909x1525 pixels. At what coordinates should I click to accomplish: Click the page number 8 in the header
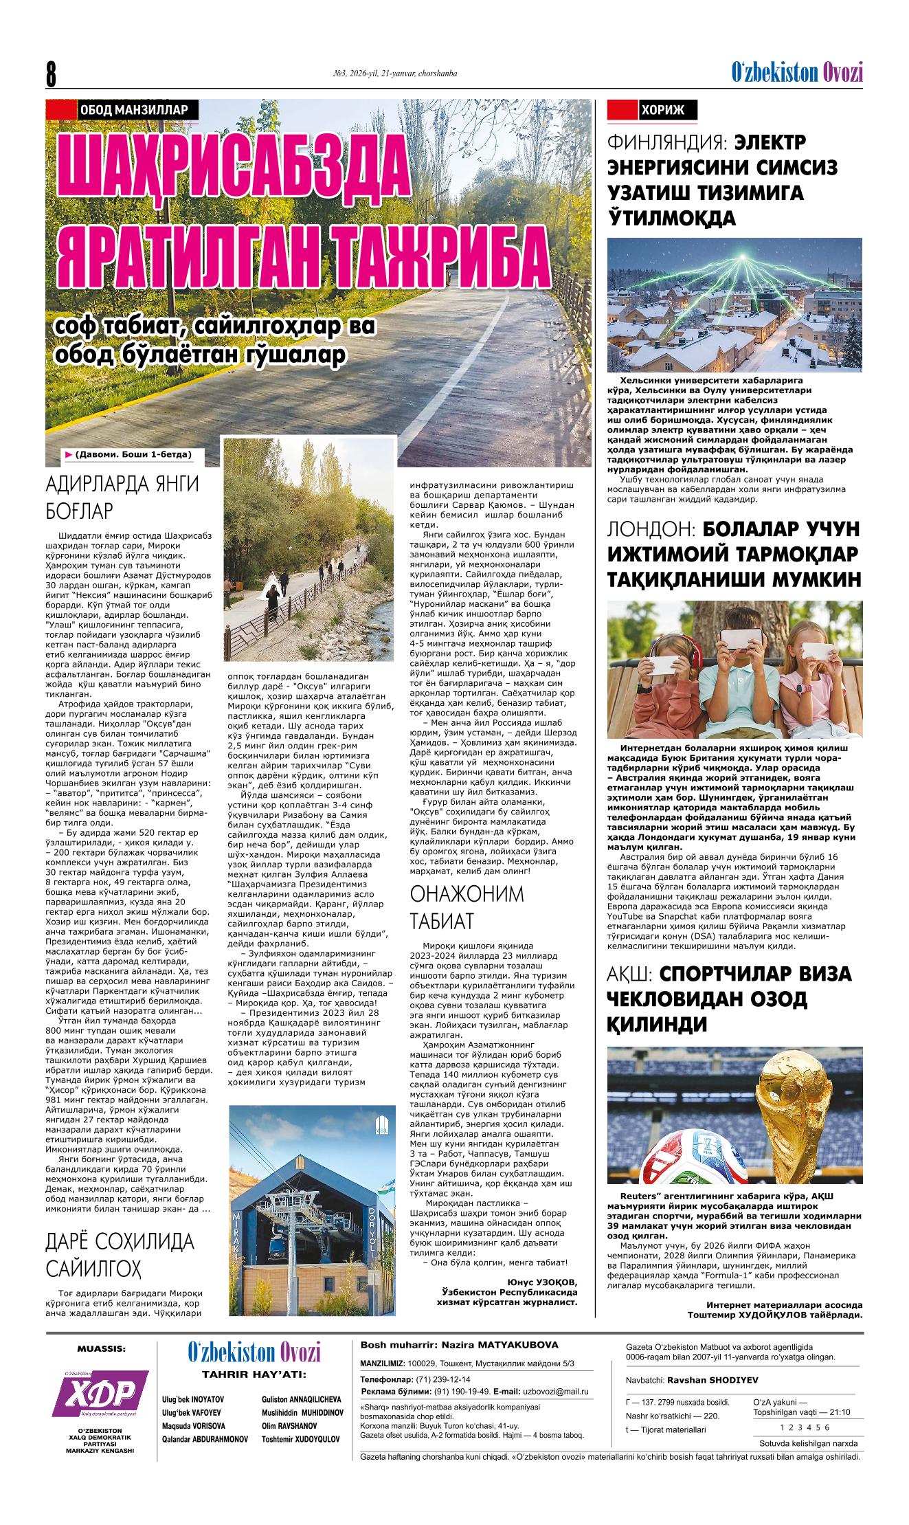click(x=52, y=74)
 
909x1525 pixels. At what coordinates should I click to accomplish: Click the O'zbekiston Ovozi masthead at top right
click(x=796, y=72)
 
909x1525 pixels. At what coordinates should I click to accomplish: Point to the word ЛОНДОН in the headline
click(x=651, y=529)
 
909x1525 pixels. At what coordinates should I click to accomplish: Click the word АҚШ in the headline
click(x=631, y=975)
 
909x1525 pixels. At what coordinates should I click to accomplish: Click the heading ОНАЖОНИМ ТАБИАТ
click(x=467, y=907)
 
